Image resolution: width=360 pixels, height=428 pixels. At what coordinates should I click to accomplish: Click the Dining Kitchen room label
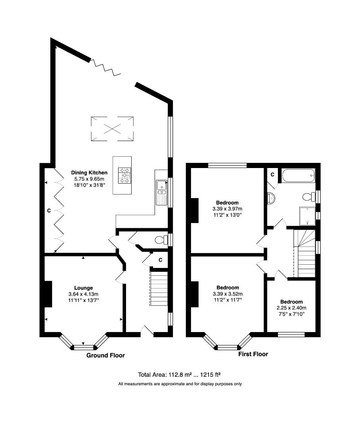tap(89, 172)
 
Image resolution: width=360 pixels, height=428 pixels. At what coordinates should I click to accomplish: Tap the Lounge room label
tap(84, 288)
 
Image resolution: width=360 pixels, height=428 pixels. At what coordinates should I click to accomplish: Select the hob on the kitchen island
tap(124, 176)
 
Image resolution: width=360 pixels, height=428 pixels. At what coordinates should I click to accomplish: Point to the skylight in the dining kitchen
tap(112, 129)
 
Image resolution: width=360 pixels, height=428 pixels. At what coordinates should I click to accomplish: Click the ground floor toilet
tap(161, 240)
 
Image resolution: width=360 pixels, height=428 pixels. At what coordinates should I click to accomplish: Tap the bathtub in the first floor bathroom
tap(299, 176)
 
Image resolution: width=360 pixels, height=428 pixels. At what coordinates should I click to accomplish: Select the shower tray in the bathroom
tap(307, 216)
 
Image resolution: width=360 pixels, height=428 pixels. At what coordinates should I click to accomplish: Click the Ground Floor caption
tap(105, 355)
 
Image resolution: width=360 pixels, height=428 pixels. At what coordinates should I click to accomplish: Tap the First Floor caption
tap(253, 354)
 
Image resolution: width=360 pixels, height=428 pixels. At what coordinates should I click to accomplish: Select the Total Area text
tap(179, 375)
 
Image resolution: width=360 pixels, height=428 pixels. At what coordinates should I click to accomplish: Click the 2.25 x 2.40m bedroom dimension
tap(291, 308)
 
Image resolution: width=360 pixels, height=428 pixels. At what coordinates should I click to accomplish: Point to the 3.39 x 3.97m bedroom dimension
tap(228, 209)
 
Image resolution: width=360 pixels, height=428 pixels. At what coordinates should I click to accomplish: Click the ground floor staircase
tap(159, 289)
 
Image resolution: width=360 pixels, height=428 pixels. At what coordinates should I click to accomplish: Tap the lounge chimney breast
tap(48, 294)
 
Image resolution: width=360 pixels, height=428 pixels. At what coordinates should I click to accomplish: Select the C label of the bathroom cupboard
tap(273, 174)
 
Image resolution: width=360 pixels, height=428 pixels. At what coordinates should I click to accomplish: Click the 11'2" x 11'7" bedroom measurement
tap(228, 300)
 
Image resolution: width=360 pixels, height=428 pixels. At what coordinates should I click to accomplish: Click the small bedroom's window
tap(291, 334)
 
